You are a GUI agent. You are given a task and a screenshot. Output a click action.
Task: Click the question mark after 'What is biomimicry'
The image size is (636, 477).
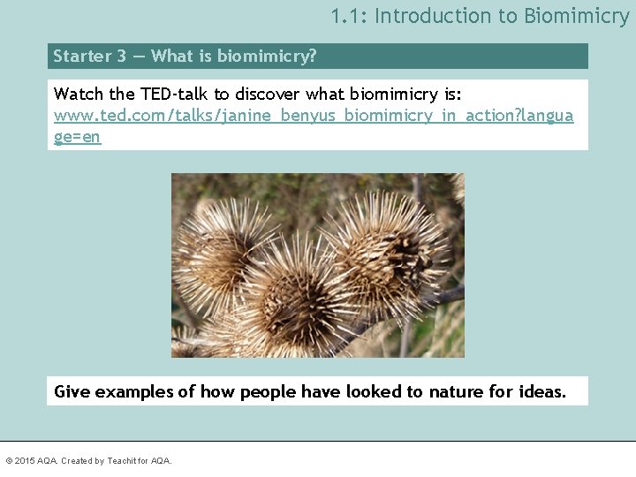coord(312,57)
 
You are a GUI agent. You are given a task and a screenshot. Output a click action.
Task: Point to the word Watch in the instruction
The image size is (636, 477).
coord(79,94)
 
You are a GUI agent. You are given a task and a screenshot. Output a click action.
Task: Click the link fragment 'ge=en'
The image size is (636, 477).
coord(78,137)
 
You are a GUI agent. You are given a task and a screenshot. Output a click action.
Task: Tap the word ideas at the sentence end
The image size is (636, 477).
coord(541,391)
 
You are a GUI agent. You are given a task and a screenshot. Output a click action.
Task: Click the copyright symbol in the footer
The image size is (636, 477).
coord(9,461)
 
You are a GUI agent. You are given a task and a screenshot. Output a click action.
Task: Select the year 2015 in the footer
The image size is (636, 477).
coord(24,461)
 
